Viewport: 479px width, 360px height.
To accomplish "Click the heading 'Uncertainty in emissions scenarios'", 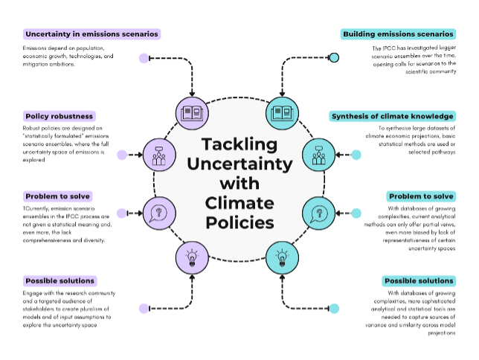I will click(x=91, y=34).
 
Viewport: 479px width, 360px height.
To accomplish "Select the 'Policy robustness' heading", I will click(x=59, y=116).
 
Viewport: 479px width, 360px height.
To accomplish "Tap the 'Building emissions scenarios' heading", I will click(x=399, y=34).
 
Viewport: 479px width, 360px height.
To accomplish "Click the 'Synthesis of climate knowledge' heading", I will click(x=392, y=116).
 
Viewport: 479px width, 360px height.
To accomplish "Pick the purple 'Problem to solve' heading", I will click(x=57, y=196).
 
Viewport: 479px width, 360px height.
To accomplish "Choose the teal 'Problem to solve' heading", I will click(x=421, y=196).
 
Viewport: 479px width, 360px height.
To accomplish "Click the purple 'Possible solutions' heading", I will click(x=60, y=280).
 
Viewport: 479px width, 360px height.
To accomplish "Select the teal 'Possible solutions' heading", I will click(x=419, y=280).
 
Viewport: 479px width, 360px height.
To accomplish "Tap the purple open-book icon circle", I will click(x=192, y=113).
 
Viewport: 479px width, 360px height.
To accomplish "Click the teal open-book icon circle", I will click(x=282, y=113).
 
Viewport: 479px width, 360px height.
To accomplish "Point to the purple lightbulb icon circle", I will click(x=192, y=257).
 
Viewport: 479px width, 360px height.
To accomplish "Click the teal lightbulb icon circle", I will click(x=282, y=257).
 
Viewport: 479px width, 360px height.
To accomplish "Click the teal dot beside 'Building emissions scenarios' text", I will click(x=334, y=57).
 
